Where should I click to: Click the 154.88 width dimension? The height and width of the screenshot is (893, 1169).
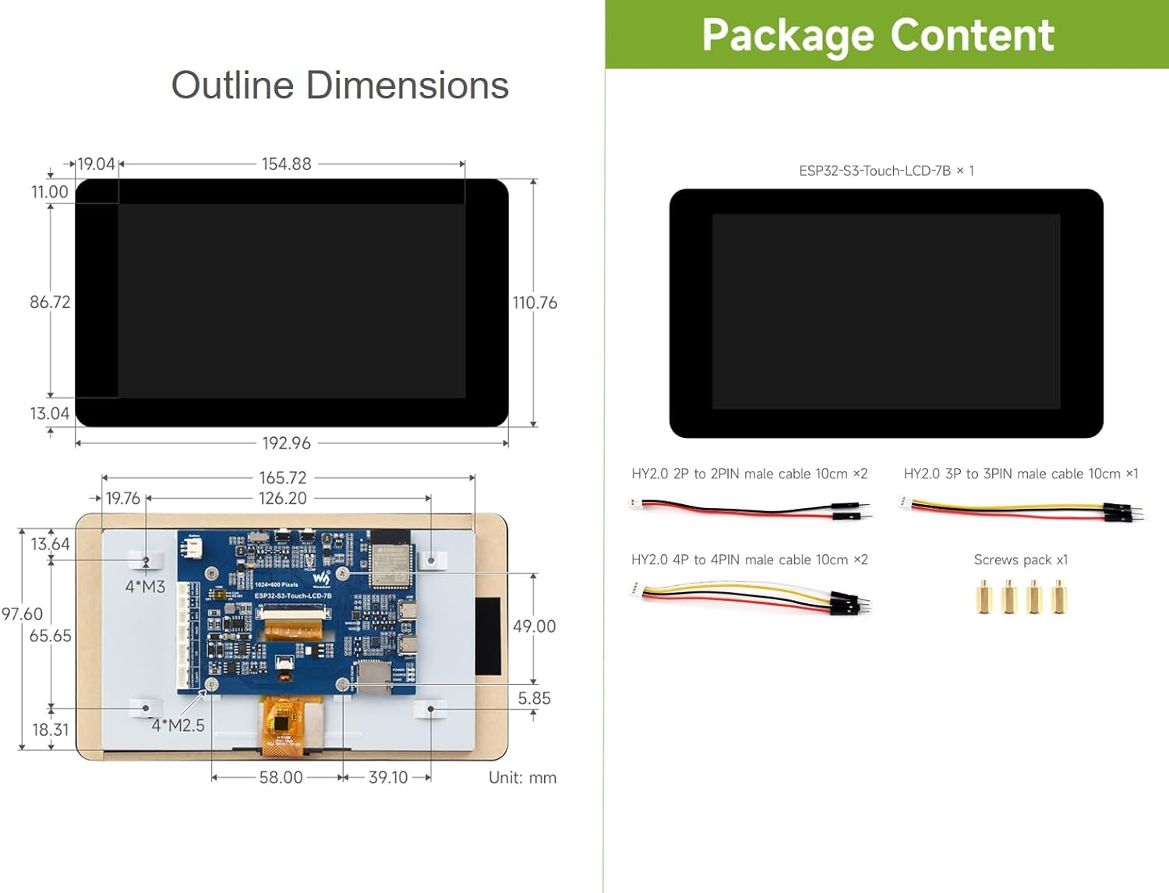click(x=286, y=164)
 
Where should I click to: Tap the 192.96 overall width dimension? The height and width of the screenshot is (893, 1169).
click(x=286, y=443)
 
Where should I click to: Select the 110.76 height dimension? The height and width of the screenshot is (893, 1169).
click(x=535, y=303)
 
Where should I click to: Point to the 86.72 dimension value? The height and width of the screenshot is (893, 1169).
click(x=50, y=302)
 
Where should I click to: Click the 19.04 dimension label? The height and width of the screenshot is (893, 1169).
click(x=97, y=164)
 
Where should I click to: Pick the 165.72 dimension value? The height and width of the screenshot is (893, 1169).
click(x=283, y=478)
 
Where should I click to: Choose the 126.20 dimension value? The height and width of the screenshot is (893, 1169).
click(x=283, y=499)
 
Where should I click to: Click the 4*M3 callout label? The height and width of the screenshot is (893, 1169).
click(x=145, y=587)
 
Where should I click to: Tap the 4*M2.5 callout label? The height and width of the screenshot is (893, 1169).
click(x=178, y=725)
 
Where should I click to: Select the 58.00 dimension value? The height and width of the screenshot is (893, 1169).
click(x=281, y=778)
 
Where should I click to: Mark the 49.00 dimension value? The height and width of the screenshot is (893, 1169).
click(x=535, y=627)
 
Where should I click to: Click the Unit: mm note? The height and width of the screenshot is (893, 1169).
click(x=522, y=778)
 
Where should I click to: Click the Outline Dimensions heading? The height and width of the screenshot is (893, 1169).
click(x=340, y=85)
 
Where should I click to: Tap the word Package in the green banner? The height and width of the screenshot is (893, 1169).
click(x=788, y=36)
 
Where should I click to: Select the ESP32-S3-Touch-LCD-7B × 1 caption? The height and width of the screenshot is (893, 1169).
click(x=886, y=171)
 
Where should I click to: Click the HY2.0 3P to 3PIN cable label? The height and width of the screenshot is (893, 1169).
click(x=1020, y=474)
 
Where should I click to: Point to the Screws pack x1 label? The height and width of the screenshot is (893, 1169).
click(x=1020, y=560)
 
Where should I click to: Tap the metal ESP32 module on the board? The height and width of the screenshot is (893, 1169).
click(x=390, y=560)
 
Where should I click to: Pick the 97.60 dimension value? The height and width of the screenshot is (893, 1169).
click(x=22, y=614)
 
